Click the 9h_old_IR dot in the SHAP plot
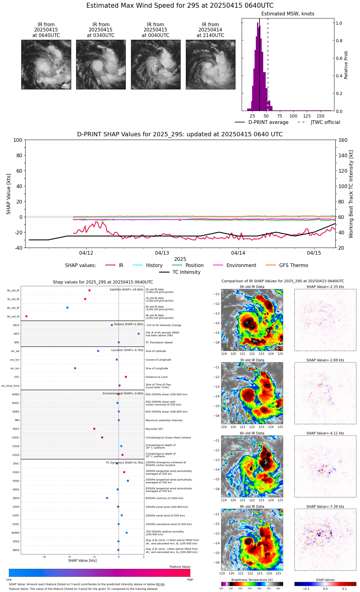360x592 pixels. (27, 316)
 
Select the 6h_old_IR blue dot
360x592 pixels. (67, 308)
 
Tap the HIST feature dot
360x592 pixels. (139, 334)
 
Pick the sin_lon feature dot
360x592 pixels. (75, 368)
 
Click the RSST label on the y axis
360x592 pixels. (16, 429)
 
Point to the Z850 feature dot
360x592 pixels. (107, 498)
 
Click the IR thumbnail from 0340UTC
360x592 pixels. (101, 65)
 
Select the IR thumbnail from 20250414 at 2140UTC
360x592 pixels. (211, 65)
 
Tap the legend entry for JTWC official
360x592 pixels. (325, 122)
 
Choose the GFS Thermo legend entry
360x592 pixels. (293, 265)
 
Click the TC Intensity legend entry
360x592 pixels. (186, 272)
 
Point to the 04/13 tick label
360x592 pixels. (162, 253)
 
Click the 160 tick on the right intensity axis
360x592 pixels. (343, 140)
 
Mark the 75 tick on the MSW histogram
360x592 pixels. (280, 116)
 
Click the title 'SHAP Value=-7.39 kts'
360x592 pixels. (325, 507)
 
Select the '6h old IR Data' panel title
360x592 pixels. (252, 433)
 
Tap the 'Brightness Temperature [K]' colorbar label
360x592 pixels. (252, 580)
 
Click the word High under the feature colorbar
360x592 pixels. (190, 579)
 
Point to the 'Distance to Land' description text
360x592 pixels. (157, 377)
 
